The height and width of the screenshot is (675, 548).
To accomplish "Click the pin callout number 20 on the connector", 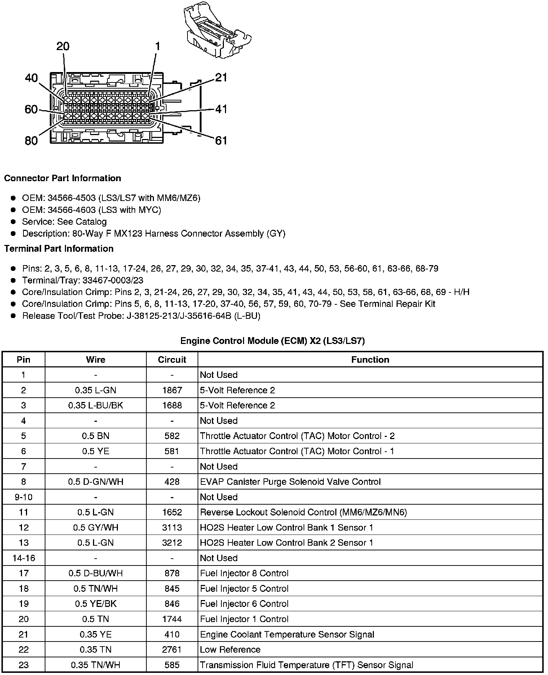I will pyautogui.click(x=63, y=46).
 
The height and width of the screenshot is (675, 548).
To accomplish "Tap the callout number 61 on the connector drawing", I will pyautogui.click(x=221, y=140).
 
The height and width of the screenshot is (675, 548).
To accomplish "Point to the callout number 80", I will pyautogui.click(x=31, y=140).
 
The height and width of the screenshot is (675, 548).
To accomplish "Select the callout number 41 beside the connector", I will pyautogui.click(x=221, y=109).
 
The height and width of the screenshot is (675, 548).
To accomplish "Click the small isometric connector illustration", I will pyautogui.click(x=217, y=32).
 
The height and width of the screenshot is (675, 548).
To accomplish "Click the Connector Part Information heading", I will pyautogui.click(x=62, y=178).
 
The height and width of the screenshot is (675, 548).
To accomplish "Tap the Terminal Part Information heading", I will pyautogui.click(x=59, y=249).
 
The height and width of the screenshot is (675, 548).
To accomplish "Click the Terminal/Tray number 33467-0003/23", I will pyautogui.click(x=113, y=280).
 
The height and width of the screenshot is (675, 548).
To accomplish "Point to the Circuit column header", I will pyautogui.click(x=172, y=359).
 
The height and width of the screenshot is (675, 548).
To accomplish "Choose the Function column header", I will pyautogui.click(x=370, y=359).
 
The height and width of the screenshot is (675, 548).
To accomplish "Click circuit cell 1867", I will pyautogui.click(x=172, y=390).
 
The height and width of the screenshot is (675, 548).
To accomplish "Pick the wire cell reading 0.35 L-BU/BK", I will pyautogui.click(x=96, y=405).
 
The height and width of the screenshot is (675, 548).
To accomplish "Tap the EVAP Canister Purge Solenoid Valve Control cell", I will pyautogui.click(x=290, y=482).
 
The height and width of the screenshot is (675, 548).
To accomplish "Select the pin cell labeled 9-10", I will pyautogui.click(x=23, y=497).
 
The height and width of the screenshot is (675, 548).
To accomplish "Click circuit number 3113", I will pyautogui.click(x=172, y=527).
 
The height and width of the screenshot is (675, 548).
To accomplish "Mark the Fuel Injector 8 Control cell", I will pyautogui.click(x=244, y=573).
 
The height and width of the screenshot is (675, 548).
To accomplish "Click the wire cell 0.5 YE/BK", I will pyautogui.click(x=96, y=604).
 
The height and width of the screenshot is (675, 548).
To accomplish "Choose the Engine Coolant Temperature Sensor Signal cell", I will pyautogui.click(x=287, y=634).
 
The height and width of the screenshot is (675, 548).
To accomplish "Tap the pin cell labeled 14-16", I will pyautogui.click(x=23, y=558).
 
